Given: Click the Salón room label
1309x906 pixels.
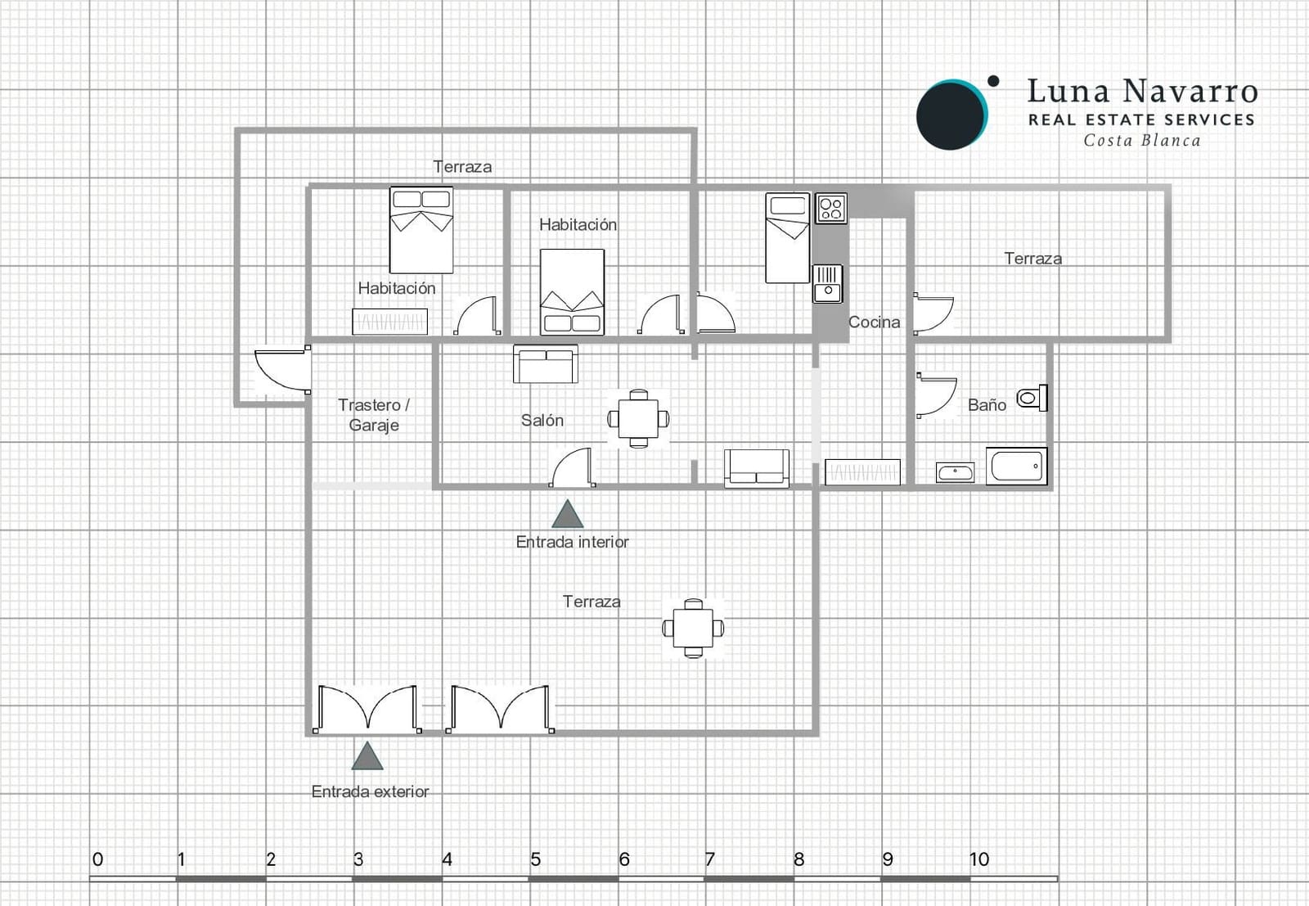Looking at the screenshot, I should [x=542, y=421].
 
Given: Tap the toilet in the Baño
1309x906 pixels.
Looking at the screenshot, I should [x=1031, y=399].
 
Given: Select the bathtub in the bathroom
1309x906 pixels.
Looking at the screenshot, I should [x=1016, y=467].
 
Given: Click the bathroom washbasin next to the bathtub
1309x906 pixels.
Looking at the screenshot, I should [x=955, y=472].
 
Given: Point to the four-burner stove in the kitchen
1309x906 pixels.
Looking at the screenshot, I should [x=831, y=209].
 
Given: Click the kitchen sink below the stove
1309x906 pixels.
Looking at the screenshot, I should [x=827, y=283].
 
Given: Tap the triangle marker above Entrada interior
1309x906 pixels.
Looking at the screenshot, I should [x=567, y=515].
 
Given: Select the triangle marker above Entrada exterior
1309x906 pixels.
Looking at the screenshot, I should [x=367, y=757].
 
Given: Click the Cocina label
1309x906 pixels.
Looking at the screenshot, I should [x=874, y=322].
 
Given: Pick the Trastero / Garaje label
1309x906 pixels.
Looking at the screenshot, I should [x=374, y=415].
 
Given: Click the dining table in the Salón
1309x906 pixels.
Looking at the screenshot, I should [x=638, y=419].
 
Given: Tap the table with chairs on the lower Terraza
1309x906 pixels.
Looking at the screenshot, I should [x=693, y=629].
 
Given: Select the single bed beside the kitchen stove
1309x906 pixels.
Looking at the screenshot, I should [x=787, y=238].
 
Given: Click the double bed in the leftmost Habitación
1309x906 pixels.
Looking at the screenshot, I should [x=421, y=230].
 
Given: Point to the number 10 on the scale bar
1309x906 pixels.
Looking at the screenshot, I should [x=978, y=859].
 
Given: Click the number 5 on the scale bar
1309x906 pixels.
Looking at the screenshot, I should [x=535, y=859].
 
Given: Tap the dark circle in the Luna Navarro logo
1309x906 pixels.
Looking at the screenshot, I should [x=950, y=115].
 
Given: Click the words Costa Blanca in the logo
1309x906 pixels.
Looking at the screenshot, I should [x=1142, y=141].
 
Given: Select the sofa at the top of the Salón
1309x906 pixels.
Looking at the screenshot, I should [x=545, y=364].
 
